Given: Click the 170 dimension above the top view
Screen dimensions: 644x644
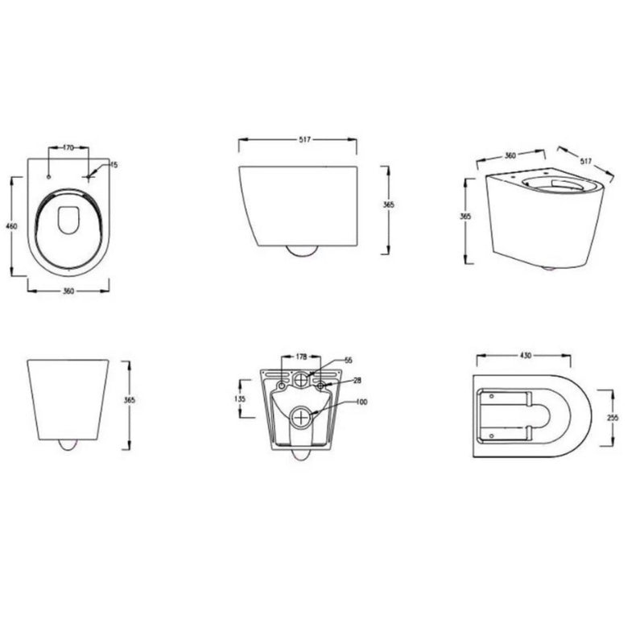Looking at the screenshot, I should (x=68, y=148).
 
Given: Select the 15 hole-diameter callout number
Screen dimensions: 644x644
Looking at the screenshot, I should (x=114, y=164).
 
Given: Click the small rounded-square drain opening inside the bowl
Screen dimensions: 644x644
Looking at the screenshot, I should (x=69, y=218).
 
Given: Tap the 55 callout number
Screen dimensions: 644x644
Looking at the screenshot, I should (x=349, y=360).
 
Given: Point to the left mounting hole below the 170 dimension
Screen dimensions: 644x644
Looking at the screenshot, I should (x=49, y=175).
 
